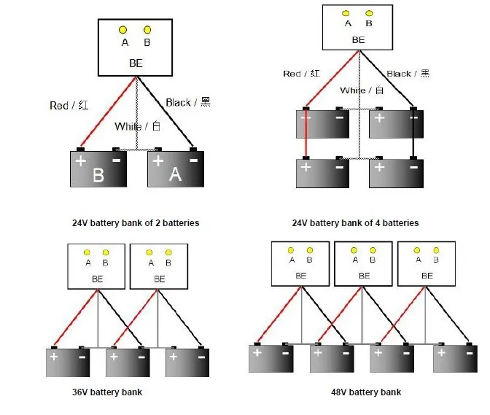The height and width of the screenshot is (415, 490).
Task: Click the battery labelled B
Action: (98, 168)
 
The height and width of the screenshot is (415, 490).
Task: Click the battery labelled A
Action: (176, 168)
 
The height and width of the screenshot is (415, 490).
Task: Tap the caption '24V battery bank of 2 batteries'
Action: (136, 222)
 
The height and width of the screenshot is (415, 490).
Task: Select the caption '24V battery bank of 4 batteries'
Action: (355, 222)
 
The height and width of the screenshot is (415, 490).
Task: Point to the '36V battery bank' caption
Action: (107, 392)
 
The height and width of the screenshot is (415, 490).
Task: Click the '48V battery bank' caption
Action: (366, 392)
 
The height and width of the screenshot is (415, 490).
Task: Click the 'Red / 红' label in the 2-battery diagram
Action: (69, 105)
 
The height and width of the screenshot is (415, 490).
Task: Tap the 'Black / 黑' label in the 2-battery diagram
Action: (188, 102)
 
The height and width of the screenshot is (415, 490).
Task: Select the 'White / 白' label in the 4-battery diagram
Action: (362, 90)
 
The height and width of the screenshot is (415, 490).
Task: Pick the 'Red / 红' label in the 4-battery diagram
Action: (301, 74)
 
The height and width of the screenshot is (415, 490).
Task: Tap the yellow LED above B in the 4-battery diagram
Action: (369, 13)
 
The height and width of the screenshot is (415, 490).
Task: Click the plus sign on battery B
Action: (81, 160)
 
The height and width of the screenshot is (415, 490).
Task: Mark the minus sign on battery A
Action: (194, 160)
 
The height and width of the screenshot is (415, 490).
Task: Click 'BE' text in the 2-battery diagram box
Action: (136, 63)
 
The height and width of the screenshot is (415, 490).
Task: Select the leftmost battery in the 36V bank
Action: (68, 362)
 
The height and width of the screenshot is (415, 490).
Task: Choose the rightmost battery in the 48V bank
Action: (455, 358)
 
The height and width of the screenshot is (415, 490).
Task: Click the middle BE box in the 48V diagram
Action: (363, 264)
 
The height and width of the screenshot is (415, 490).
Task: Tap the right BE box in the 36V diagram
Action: (159, 266)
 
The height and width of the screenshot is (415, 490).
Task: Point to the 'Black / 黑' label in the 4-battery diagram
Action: (408, 74)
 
